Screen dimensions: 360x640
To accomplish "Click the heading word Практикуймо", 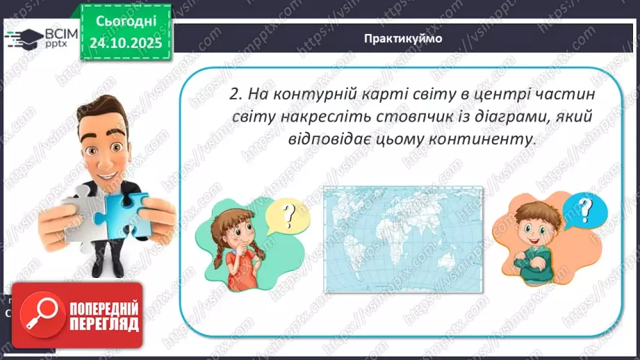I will (x=402, y=38).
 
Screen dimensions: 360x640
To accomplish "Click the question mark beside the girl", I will (x=287, y=215).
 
